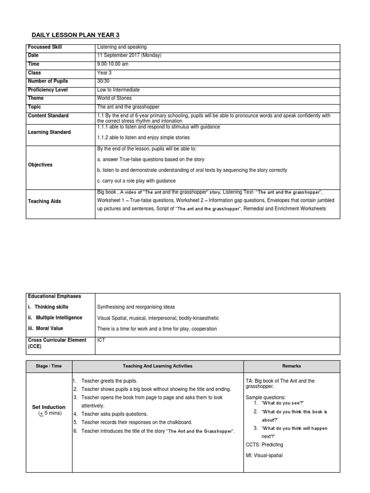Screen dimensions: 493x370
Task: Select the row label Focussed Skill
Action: coord(45,47)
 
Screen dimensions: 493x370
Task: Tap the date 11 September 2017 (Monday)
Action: coord(129,55)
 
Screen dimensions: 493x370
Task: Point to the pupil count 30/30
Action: coord(104,81)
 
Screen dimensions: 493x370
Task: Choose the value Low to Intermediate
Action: coord(119,90)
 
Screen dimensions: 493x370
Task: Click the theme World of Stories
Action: coord(114,98)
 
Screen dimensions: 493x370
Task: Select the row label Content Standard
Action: coord(48,116)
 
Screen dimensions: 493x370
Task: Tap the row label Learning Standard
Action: coord(49,132)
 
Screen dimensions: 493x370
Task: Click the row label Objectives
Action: coord(40,165)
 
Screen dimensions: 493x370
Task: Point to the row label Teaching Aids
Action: coord(45,201)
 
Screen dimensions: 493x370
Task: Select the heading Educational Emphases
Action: coord(54,296)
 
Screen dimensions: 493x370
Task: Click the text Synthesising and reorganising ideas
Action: coord(136,307)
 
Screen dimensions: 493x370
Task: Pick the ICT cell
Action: coord(101,340)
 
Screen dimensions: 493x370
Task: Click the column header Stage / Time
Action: coord(49,366)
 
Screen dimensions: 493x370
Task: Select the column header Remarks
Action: coord(291,366)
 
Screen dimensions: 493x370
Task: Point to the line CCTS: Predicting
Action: coord(264,445)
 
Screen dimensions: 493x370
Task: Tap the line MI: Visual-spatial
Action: coord(264,455)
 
